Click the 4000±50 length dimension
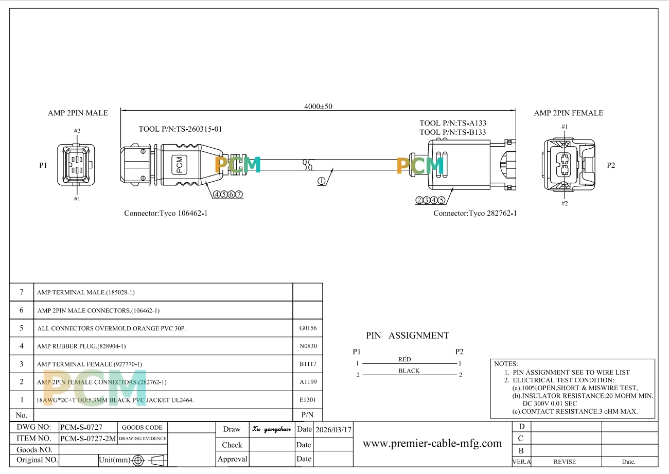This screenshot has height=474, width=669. tap(319, 107)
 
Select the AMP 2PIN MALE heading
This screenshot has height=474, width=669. tap(78, 113)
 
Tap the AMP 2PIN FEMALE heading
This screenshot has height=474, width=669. tap(568, 113)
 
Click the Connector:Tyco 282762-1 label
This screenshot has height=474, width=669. tap(474, 213)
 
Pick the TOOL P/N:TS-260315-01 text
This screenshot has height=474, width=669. tap(180, 129)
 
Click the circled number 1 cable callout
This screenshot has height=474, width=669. tap(322, 181)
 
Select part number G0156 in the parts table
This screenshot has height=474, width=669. tap(307, 328)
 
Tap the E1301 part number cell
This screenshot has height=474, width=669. tap(307, 399)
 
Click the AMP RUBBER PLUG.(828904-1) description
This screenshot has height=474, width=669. tap(81, 346)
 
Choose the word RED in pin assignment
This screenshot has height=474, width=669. tap(404, 359)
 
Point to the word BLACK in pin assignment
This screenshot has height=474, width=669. tap(409, 371)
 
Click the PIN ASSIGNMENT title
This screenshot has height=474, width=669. tap(407, 336)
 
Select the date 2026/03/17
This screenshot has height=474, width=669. tap(333, 429)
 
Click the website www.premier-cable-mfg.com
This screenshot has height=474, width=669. tap(432, 443)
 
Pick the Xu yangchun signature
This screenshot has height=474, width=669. tap(272, 429)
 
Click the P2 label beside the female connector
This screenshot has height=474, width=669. tap(611, 165)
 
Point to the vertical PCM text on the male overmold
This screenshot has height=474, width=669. tap(179, 164)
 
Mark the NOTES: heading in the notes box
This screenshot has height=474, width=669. tap(506, 364)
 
